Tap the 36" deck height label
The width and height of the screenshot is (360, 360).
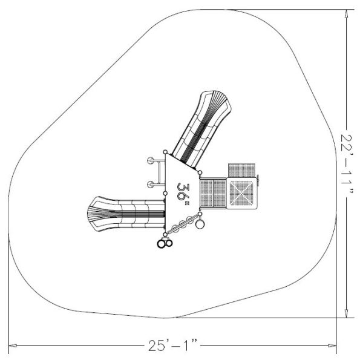point(183,192)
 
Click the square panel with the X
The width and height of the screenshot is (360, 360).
point(241,194)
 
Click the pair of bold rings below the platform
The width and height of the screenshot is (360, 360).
point(165,243)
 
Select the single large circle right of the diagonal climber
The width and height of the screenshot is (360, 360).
point(200,225)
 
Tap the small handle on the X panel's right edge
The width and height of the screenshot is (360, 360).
point(258,180)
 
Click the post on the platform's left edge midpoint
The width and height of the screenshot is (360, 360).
point(165,194)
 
